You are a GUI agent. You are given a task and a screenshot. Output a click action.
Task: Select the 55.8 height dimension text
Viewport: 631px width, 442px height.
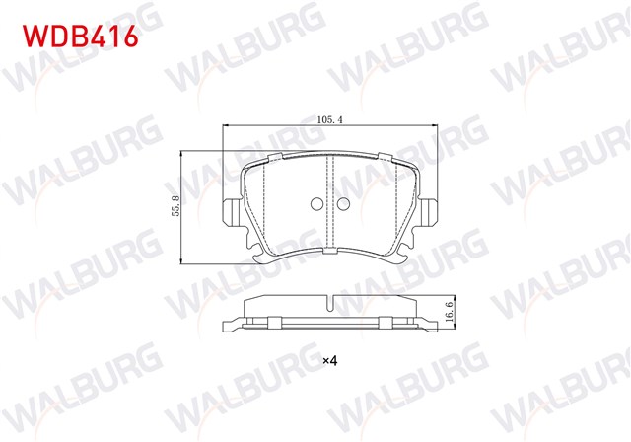pyautogui.click(x=175, y=206)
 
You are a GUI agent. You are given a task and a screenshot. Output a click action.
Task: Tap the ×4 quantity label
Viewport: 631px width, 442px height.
pyautogui.click(x=330, y=360)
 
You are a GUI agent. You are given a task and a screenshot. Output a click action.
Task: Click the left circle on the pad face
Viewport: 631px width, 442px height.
pyautogui.click(x=315, y=205)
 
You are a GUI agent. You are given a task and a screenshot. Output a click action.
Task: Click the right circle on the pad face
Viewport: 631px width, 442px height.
pyautogui.click(x=343, y=205)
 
